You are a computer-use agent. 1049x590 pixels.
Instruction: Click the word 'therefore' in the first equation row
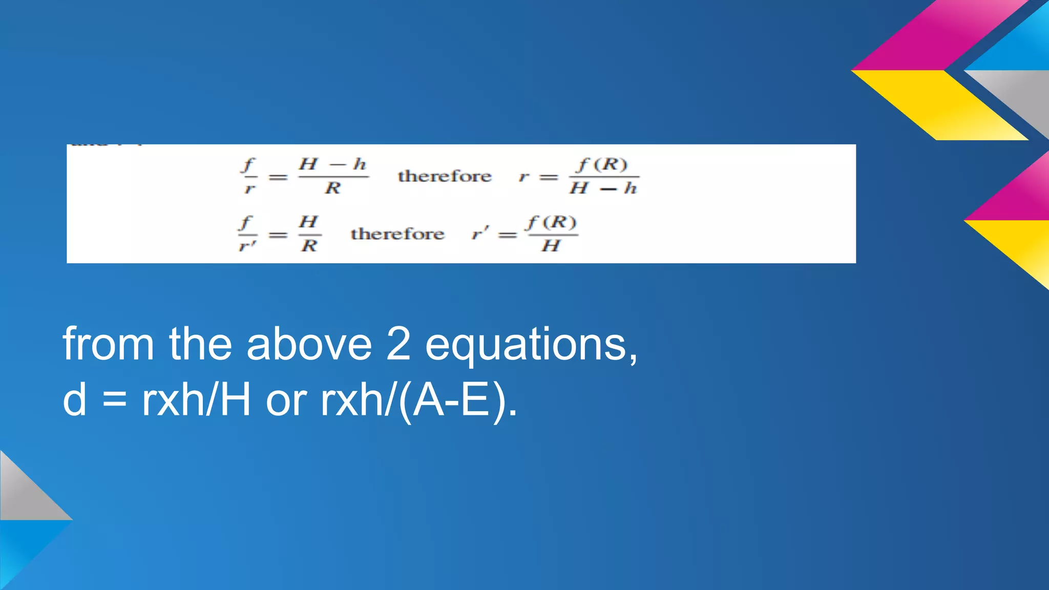444,176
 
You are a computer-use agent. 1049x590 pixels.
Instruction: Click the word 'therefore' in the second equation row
397,234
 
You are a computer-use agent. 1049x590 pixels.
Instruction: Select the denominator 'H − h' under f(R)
603,188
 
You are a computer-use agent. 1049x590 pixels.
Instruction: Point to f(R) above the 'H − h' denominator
602,164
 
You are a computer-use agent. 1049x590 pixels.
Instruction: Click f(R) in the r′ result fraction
552,222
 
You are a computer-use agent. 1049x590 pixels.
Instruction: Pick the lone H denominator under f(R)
551,246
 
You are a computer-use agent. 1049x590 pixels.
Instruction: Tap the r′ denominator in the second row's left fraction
247,246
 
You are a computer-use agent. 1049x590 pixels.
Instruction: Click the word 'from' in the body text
108,344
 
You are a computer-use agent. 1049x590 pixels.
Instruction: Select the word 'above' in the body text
309,344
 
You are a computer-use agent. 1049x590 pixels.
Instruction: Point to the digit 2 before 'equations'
398,344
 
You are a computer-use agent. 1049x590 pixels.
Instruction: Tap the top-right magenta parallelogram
942,36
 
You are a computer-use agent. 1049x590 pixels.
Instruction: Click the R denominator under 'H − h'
333,188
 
